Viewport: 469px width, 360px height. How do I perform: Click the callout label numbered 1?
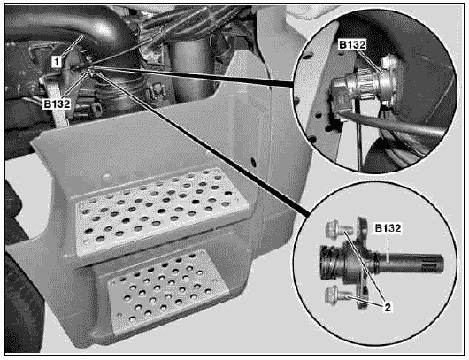tap(57, 62)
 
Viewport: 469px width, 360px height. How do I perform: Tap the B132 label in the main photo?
tap(57, 104)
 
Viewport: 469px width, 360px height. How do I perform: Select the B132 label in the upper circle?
tap(352, 44)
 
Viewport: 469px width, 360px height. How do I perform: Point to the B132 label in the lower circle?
tap(388, 228)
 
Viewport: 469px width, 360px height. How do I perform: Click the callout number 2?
tap(388, 307)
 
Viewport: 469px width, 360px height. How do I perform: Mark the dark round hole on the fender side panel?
tap(253, 162)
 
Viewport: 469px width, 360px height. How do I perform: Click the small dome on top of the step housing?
tap(107, 178)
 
